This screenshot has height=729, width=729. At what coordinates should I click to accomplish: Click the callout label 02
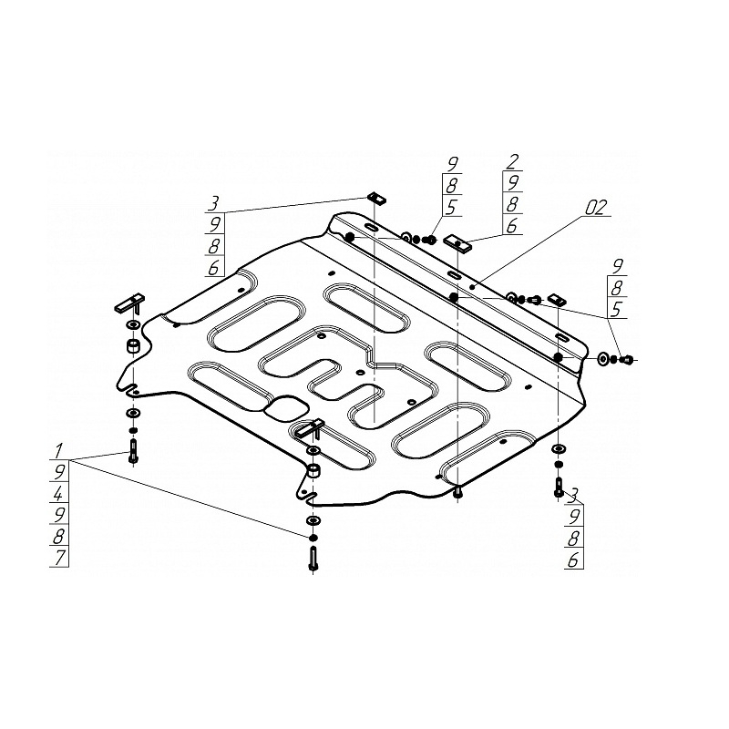pos(596,208)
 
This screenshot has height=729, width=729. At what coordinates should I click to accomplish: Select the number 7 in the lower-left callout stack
pos(59,558)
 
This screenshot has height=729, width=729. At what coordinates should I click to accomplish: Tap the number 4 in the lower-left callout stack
pos(57,493)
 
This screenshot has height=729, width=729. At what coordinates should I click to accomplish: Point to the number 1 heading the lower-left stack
pos(58,450)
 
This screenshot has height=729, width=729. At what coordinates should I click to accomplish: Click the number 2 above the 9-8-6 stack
pos(512,161)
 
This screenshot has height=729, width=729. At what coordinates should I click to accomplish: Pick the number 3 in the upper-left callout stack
pos(213,203)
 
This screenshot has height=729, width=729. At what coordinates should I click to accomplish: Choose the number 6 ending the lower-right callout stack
pos(573,560)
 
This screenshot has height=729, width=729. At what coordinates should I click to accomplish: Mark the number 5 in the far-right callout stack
pos(617,309)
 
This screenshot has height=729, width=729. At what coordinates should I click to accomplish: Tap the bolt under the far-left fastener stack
pos(133,451)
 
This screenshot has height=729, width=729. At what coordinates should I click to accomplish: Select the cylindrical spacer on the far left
pos(134,346)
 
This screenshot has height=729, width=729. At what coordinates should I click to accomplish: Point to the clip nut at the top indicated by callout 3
pos(377,198)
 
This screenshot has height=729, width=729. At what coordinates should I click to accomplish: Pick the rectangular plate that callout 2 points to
pos(458,243)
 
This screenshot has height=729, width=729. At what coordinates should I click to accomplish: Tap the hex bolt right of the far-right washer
pos(626,359)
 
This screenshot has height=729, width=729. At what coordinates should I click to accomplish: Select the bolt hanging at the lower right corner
pos(559,487)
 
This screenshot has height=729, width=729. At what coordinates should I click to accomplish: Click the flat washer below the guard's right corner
pos(558,449)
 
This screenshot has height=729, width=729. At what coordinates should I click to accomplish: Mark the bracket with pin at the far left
pos(130,303)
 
